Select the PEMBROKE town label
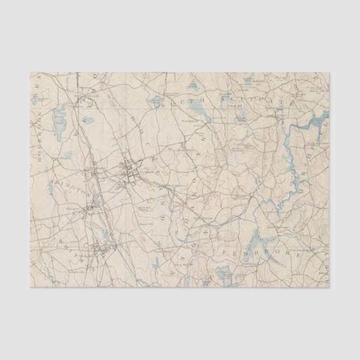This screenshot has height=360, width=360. coord(260,253)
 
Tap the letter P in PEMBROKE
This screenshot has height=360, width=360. coord(223,253)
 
